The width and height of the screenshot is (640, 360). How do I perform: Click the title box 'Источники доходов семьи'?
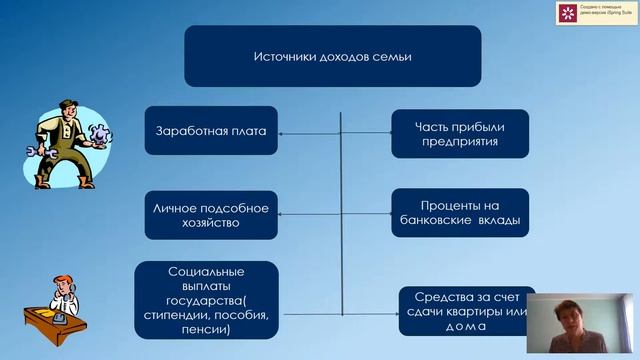(332, 56)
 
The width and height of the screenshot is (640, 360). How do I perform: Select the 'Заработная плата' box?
(211, 132)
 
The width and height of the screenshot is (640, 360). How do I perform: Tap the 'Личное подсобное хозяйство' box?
(211, 215)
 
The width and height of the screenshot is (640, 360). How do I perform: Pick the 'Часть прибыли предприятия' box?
(459, 134)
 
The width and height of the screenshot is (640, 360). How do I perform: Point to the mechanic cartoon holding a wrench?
(65, 140)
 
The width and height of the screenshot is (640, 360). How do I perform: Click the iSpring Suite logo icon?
(568, 13)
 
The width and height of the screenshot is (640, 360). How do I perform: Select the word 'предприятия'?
(459, 142)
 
